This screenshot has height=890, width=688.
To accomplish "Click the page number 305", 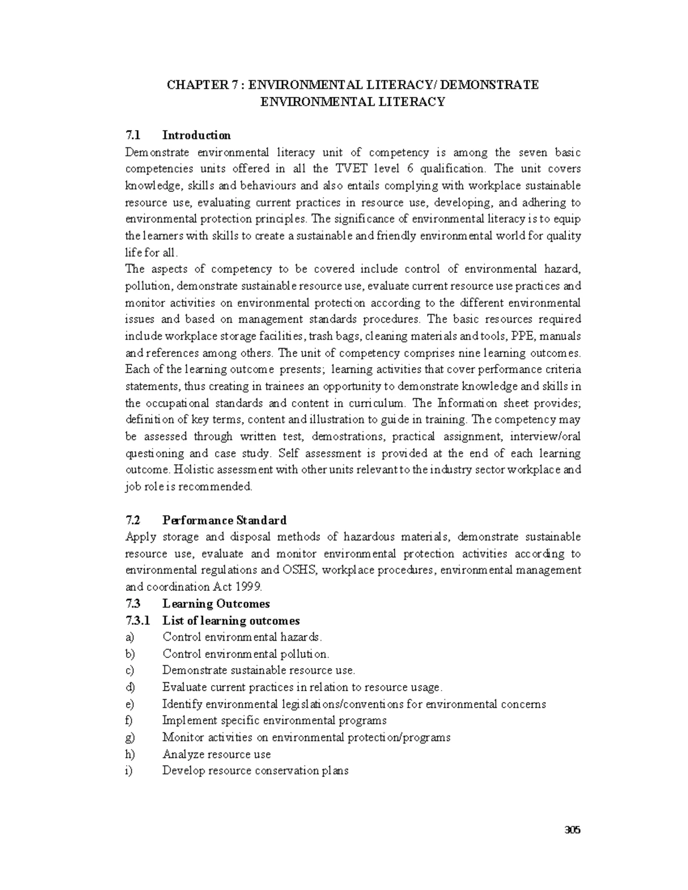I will (572, 829).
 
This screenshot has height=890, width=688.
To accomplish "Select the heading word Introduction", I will (197, 135).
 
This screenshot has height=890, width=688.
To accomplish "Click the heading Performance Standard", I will (224, 520).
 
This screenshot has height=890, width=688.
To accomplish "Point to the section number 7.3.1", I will (138, 621).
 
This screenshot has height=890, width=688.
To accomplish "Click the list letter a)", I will (130, 637).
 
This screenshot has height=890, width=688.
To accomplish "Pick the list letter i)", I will (128, 771).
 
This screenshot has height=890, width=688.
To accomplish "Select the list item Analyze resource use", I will (216, 754).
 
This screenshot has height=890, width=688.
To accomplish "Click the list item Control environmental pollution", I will (245, 654).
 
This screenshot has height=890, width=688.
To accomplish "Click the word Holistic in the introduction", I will (193, 470).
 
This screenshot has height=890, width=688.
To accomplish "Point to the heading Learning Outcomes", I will (216, 603).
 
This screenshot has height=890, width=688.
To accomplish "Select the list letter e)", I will (130, 704).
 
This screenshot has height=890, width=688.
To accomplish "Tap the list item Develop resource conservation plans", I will (255, 771).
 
